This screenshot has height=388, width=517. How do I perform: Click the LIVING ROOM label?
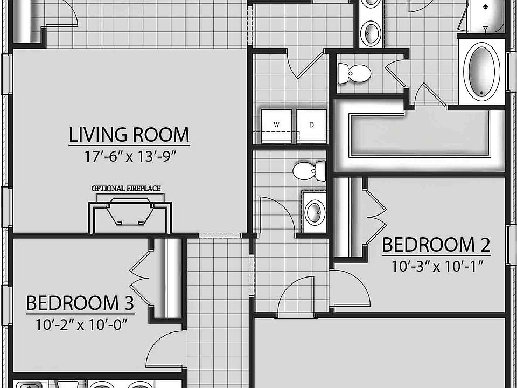(x=129, y=135)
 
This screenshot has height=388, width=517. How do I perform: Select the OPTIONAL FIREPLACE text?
(x=126, y=188)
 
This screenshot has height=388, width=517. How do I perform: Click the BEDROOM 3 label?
(x=80, y=303)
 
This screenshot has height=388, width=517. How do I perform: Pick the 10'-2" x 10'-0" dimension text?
(x=80, y=325)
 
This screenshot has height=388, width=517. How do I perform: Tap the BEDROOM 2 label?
(x=436, y=245)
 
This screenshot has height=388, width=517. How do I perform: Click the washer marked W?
(x=277, y=126)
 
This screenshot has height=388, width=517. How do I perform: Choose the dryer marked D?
(x=311, y=126)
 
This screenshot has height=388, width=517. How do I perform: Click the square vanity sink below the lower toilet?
(x=313, y=211)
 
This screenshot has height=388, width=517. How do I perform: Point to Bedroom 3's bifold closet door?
(x=141, y=272)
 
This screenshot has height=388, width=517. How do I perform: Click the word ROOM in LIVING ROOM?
(x=161, y=135)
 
